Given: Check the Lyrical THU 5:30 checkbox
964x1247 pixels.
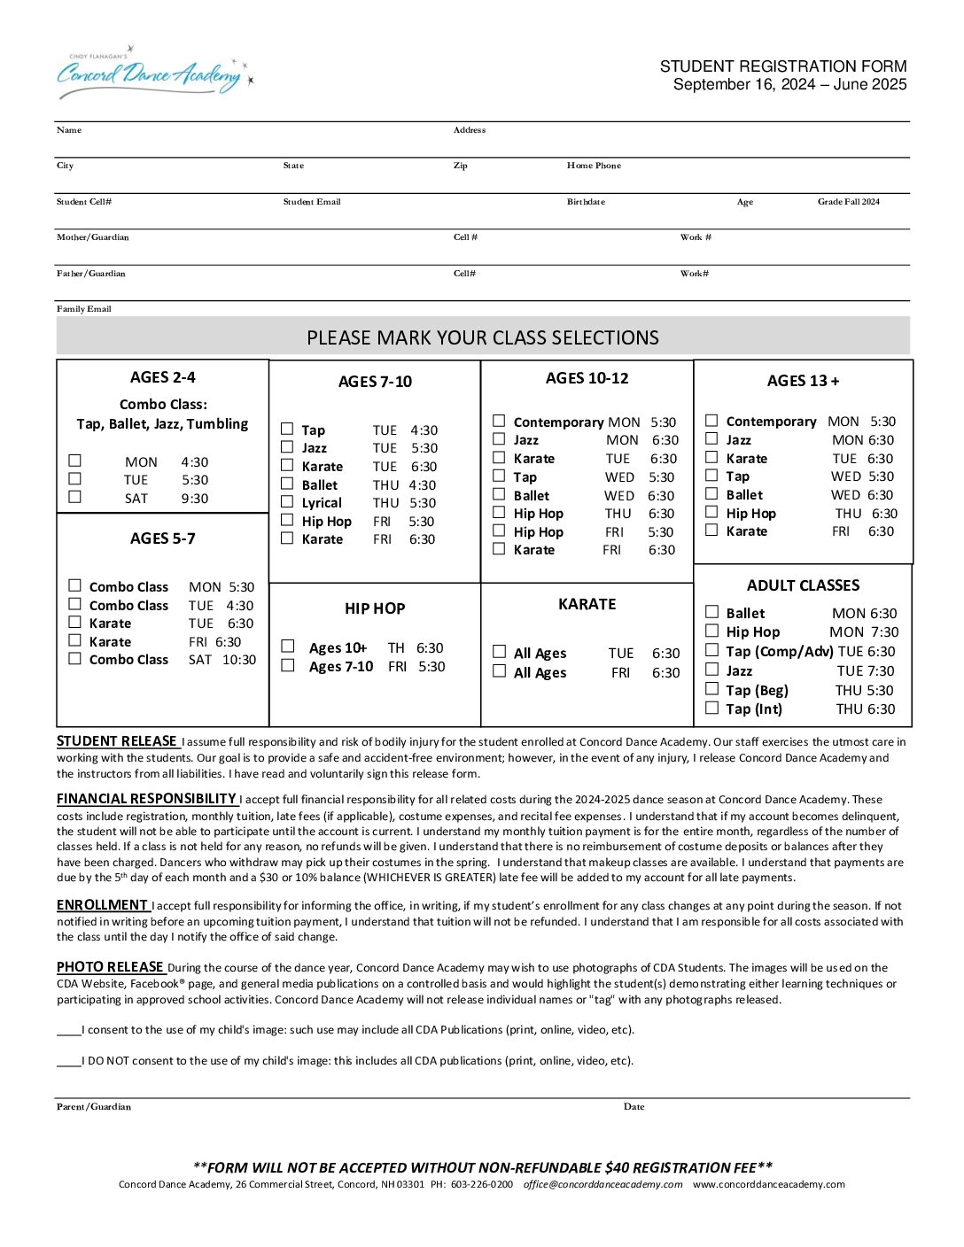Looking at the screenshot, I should (287, 502).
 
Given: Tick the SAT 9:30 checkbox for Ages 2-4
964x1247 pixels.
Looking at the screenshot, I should (75, 497).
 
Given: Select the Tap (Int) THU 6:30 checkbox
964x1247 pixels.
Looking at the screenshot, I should (711, 708).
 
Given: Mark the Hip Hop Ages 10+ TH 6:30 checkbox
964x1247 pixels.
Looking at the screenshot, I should (288, 647).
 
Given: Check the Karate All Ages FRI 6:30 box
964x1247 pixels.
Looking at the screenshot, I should (500, 671).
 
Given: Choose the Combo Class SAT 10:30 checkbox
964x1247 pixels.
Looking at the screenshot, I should (75, 658).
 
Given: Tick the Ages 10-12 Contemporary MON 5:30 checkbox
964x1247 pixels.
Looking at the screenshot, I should (500, 421).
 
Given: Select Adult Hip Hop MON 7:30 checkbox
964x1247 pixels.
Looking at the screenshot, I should (711, 631).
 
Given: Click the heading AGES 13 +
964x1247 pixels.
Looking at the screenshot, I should (803, 381).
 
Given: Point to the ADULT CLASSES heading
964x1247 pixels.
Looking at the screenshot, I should (803, 585).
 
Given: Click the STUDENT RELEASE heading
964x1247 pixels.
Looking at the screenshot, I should (117, 741).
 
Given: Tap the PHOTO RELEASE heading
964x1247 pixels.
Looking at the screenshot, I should (111, 967).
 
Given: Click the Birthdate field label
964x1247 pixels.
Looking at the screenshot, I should (586, 202).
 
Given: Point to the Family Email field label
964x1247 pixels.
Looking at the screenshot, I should (84, 309).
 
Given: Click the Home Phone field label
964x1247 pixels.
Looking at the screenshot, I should (594, 166).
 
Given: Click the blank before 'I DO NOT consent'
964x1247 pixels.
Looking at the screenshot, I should (69, 1060).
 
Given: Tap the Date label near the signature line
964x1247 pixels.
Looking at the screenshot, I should (634, 1106).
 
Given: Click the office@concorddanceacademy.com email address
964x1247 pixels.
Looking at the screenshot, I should (602, 1184).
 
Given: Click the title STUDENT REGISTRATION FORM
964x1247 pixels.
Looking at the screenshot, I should (783, 66).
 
